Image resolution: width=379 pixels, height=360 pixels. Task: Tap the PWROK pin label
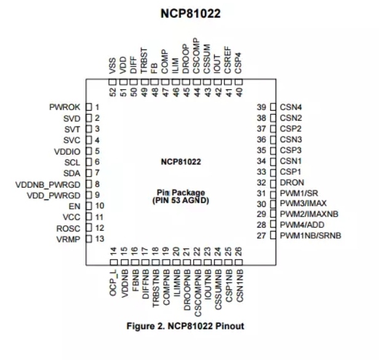coord(65,107)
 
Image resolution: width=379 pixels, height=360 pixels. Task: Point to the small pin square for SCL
coord(88,162)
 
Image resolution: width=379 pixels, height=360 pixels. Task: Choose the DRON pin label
coord(291,183)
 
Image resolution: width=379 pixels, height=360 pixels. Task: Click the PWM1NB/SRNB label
coord(310,236)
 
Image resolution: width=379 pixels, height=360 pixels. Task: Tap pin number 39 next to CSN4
coord(261,106)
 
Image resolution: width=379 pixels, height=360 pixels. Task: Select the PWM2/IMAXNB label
coord(309,214)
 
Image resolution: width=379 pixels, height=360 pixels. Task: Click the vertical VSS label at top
coord(113,65)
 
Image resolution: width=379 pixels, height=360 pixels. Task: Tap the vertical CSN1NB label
coord(239,282)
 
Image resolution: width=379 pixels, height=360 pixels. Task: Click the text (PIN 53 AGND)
coord(179,201)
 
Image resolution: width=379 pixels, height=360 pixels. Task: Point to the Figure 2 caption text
coord(185,326)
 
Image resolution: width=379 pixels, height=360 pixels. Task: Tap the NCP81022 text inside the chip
coord(179,162)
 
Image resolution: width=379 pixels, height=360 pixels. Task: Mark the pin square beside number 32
coord(273,183)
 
